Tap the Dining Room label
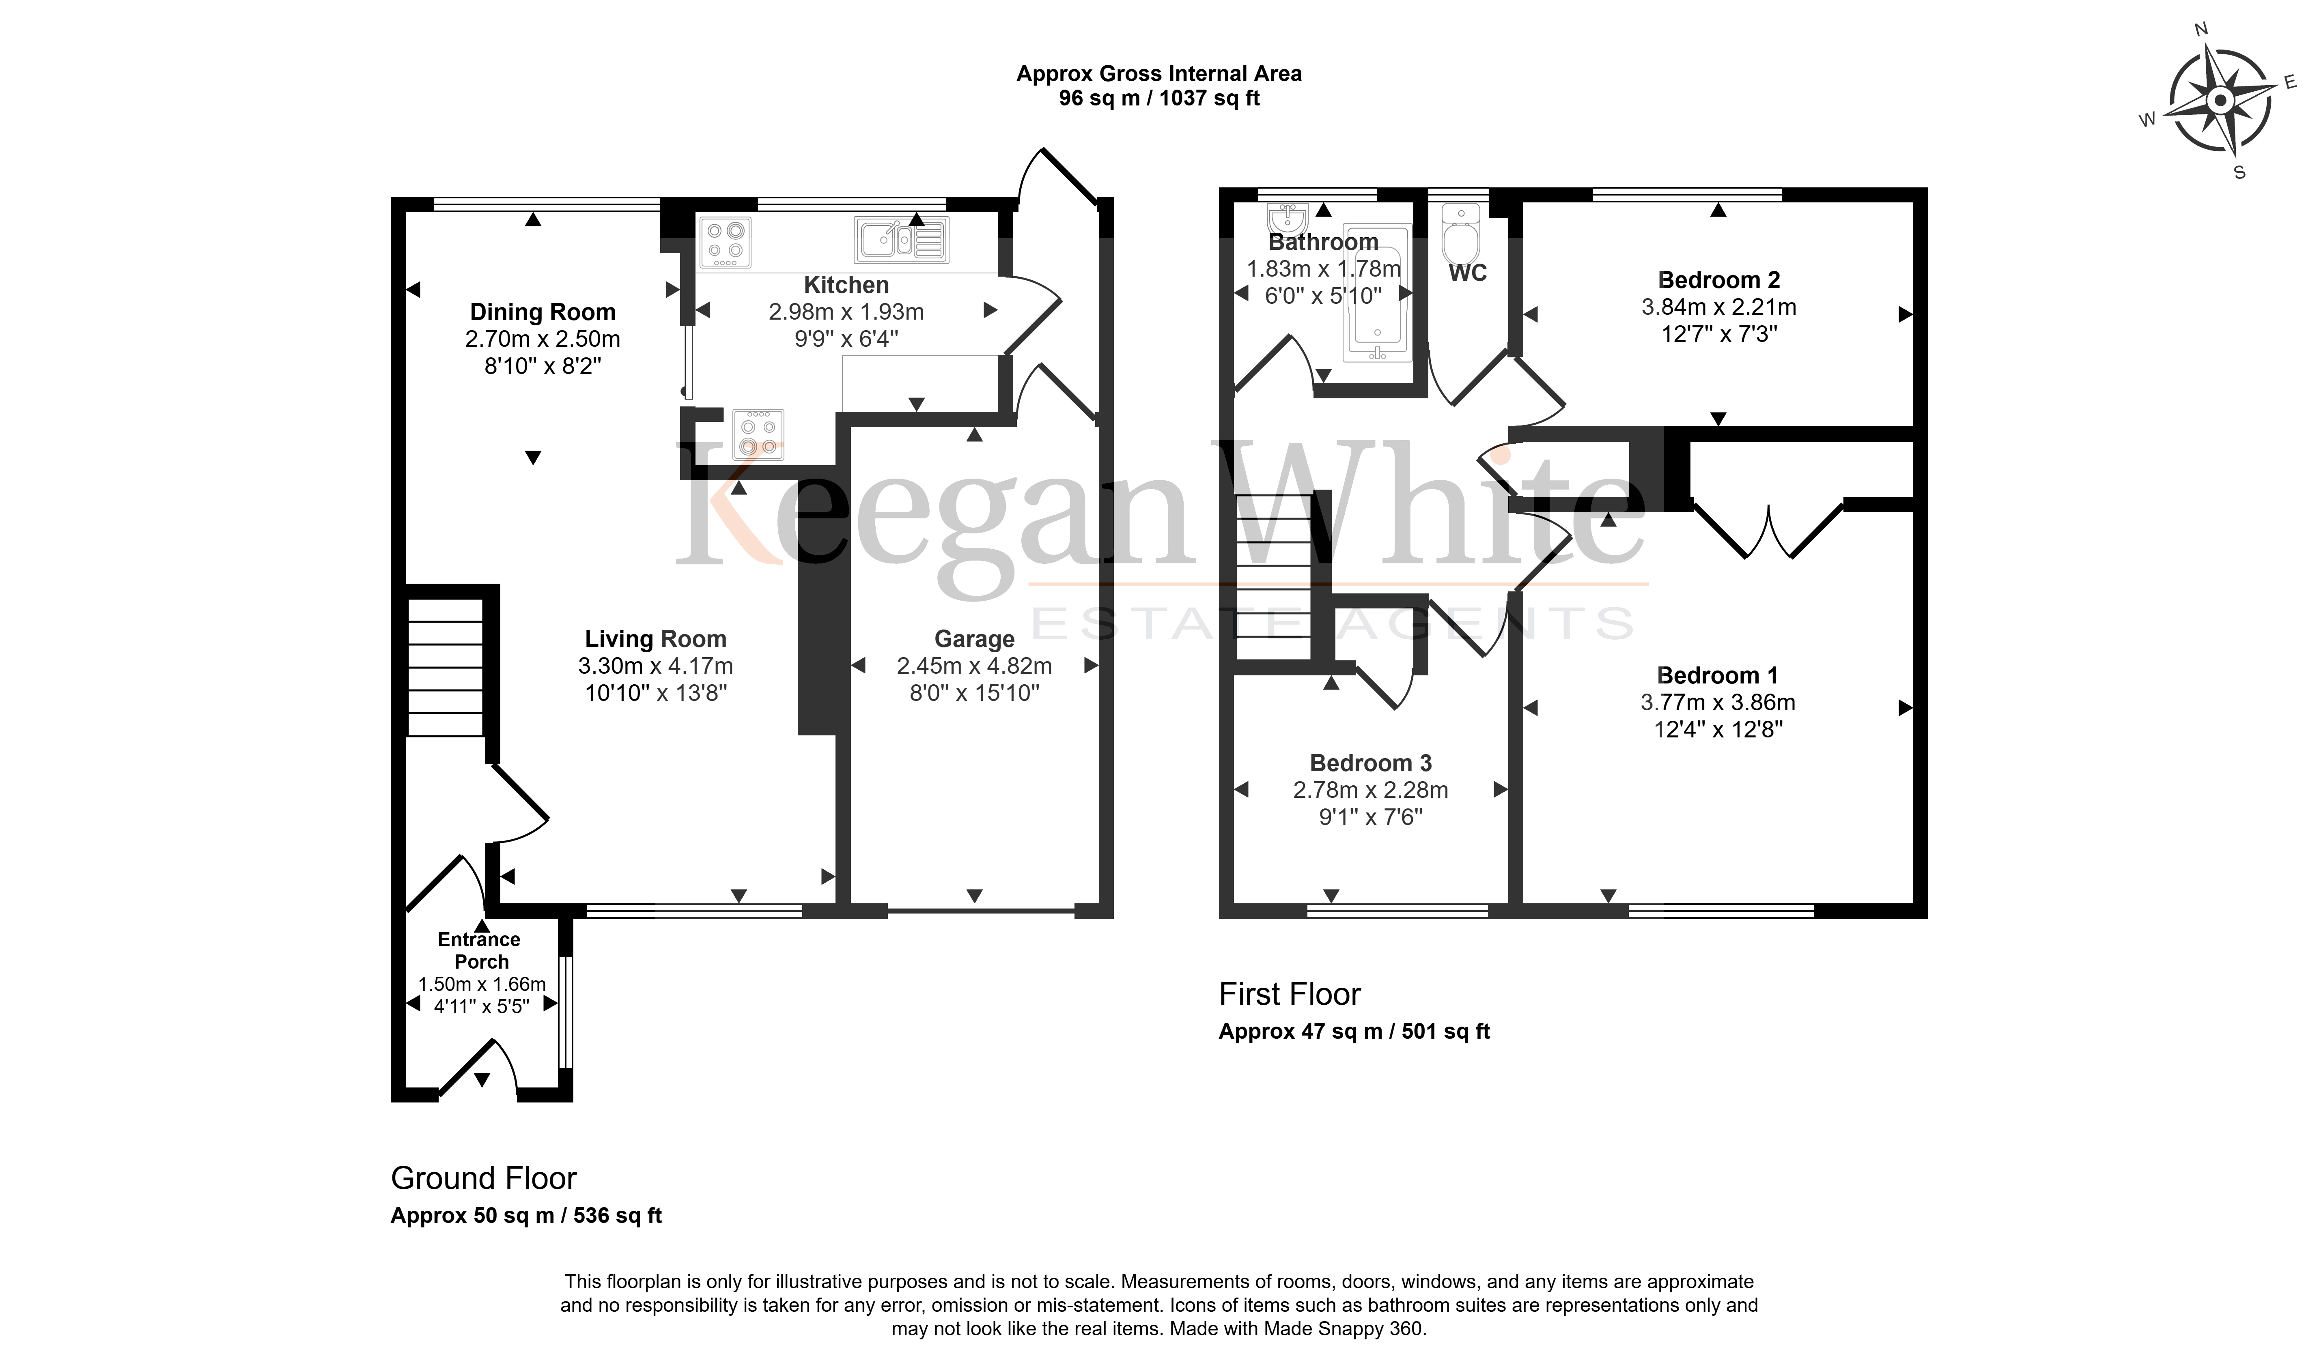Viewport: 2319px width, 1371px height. point(543,312)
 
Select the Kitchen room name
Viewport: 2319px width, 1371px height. point(846,286)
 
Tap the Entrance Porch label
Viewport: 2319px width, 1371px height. point(480,951)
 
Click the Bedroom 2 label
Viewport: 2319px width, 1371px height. point(1718,280)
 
